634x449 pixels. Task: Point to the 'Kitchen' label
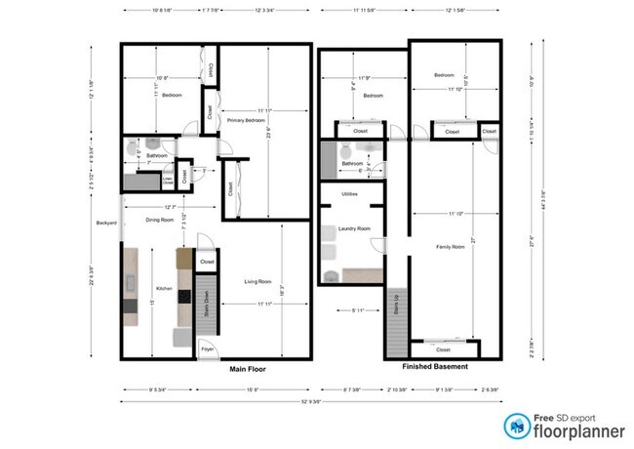pos(165,289)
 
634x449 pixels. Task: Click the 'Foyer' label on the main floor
pos(207,347)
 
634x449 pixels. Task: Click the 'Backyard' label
pos(106,224)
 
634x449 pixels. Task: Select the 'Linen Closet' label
pos(168,180)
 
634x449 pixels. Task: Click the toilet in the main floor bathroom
pos(134,147)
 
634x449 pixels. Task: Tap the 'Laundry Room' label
pos(354,228)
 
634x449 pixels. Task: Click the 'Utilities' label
pos(349,194)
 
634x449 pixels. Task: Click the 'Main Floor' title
pos(248,370)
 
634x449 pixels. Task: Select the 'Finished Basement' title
pos(435,366)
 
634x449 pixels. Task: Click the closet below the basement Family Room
pos(444,347)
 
